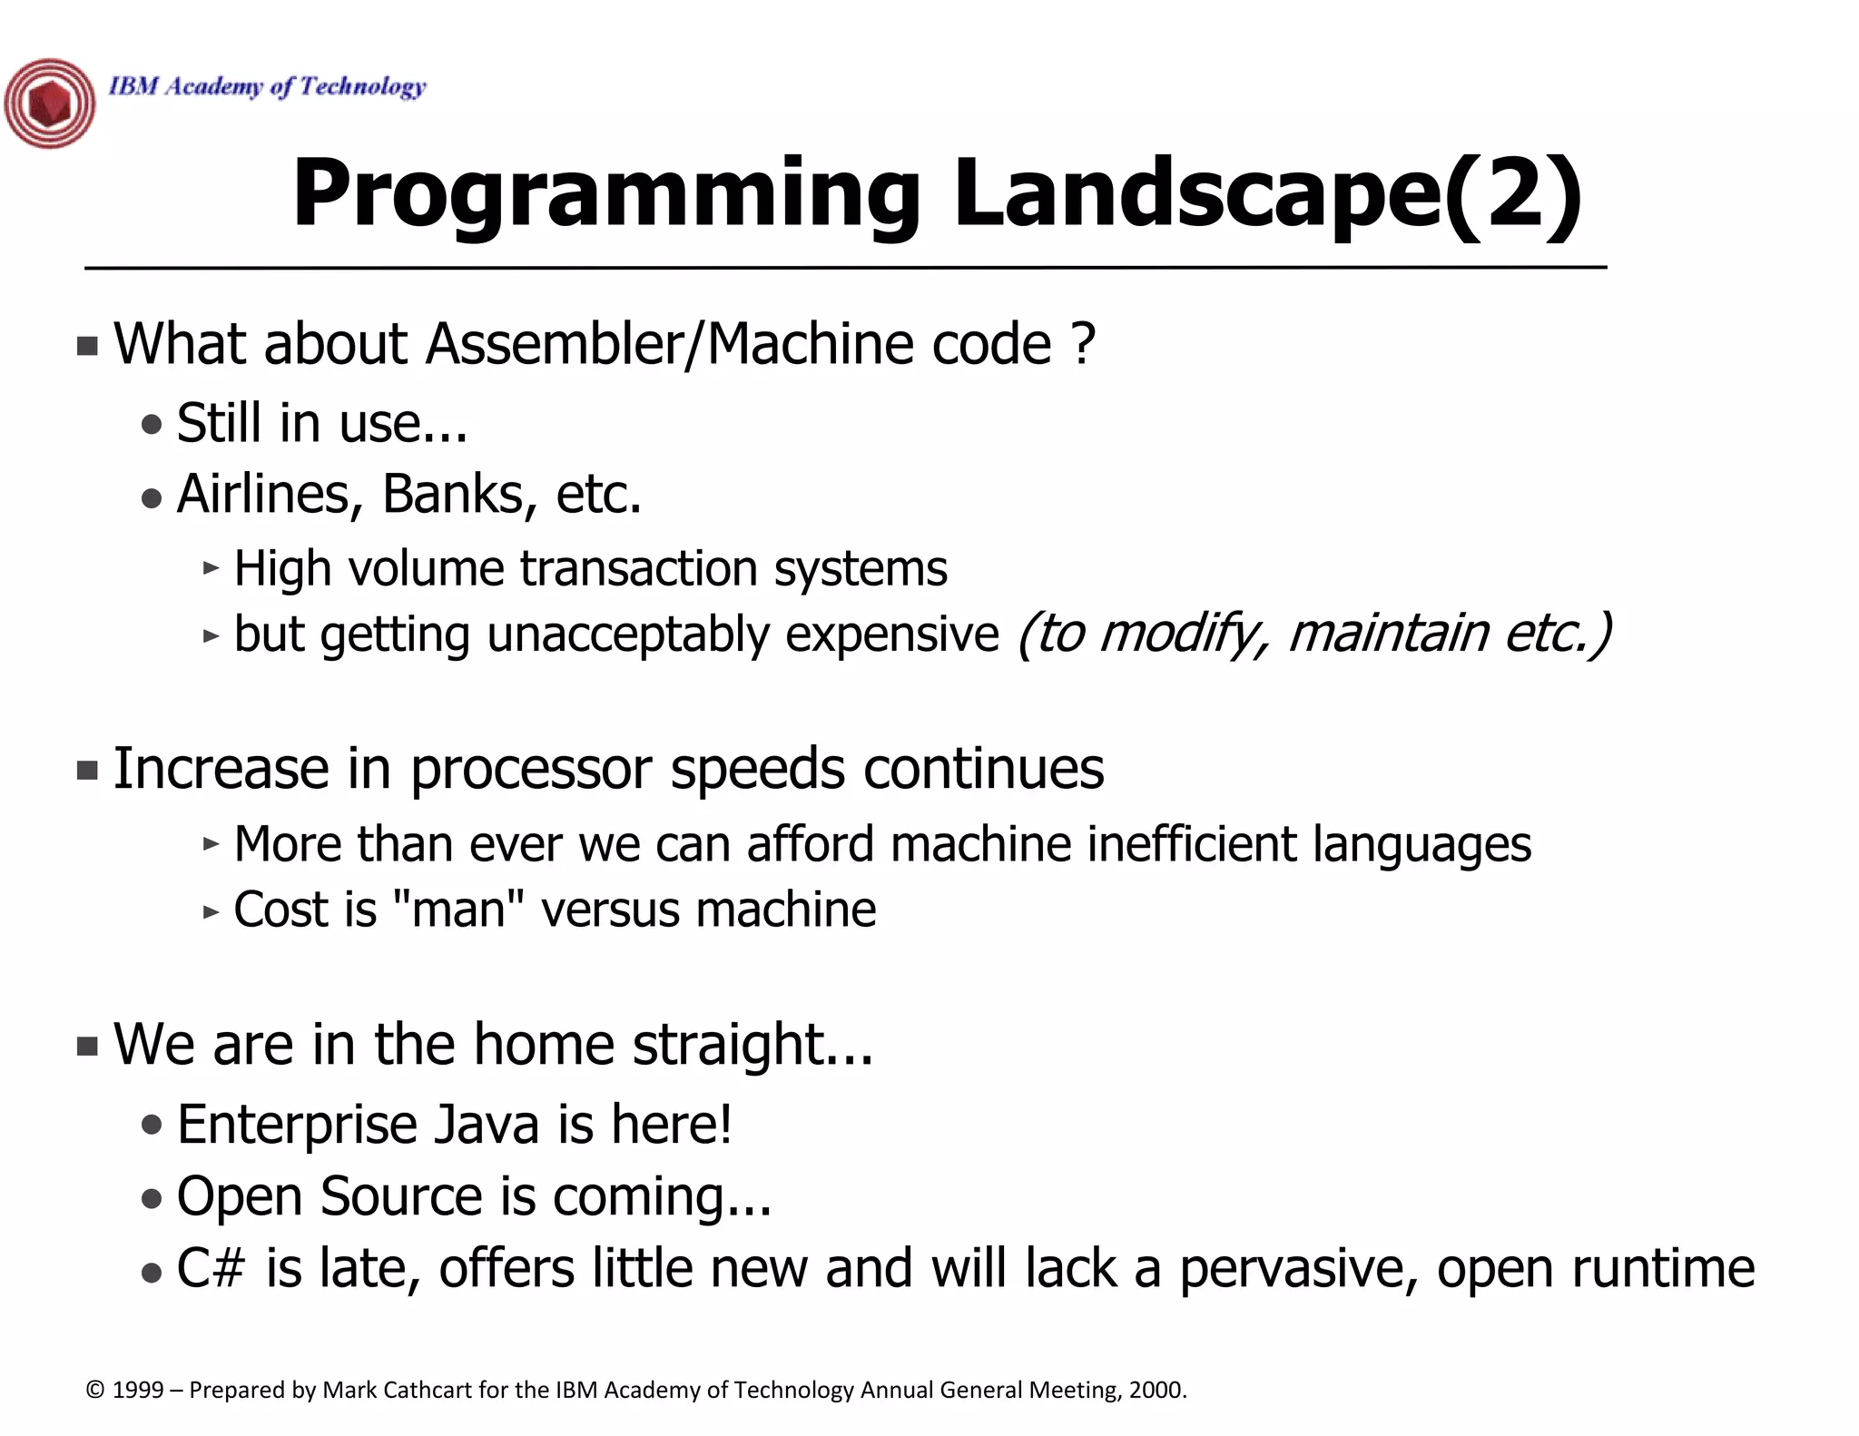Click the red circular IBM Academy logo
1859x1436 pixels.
50,103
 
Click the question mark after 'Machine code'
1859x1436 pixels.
1083,344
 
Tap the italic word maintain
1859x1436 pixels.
1388,633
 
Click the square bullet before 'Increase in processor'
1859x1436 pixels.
87,771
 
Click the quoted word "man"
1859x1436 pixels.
459,910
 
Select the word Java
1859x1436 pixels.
486,1125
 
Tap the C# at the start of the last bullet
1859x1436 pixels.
211,1268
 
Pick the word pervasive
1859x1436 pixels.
1298,1270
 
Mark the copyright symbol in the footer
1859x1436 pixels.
94,1391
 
